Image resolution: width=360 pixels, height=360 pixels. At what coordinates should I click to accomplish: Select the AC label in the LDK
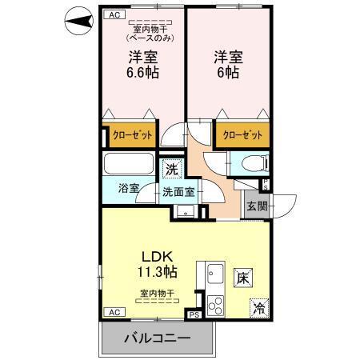114,312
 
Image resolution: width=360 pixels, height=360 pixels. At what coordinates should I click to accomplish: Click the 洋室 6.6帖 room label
142,64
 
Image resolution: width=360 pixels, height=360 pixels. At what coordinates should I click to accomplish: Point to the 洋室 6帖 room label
226,64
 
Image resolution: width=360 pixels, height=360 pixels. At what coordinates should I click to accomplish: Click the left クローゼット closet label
131,134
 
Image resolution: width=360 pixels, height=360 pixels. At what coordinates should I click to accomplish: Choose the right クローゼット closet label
241,134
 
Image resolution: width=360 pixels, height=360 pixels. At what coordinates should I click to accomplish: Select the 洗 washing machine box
173,170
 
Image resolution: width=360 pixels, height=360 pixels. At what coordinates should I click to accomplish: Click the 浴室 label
130,189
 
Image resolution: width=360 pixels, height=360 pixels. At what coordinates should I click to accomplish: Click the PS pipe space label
193,316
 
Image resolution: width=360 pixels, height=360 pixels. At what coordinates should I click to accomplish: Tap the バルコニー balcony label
158,339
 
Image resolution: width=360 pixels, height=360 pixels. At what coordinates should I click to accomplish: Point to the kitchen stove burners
215,304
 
